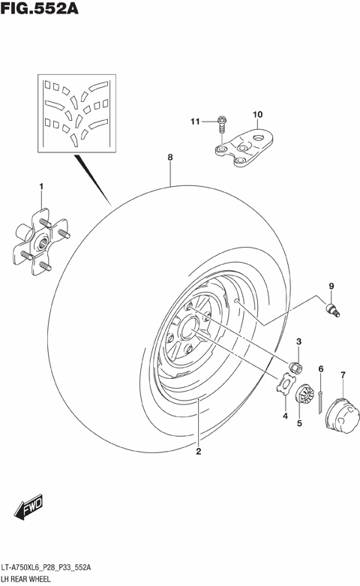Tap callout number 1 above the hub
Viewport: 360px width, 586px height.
(42, 186)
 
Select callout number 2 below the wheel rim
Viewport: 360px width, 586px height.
(199, 452)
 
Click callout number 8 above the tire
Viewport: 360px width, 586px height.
(170, 158)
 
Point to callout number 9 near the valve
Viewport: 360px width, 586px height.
(329, 285)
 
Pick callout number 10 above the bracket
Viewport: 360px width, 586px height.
(257, 115)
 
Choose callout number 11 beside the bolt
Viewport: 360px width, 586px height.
(193, 122)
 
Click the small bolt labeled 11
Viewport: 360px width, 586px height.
(222, 122)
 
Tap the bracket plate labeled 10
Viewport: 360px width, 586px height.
(247, 151)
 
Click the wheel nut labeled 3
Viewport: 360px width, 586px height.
(296, 367)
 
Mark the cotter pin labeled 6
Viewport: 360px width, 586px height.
(320, 398)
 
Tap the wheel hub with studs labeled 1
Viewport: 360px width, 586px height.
(42, 238)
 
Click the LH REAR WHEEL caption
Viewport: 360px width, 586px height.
(29, 579)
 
